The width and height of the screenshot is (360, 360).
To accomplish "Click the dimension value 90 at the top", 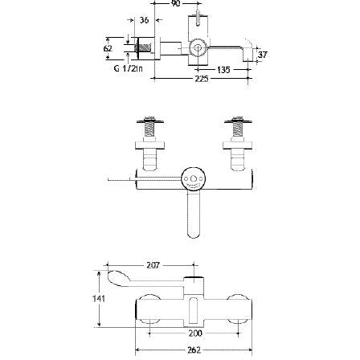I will click(178, 4).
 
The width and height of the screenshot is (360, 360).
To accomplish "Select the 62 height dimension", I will click(108, 48).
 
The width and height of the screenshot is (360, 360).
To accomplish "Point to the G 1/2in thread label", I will click(124, 71).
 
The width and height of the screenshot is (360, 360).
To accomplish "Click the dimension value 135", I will click(223, 71).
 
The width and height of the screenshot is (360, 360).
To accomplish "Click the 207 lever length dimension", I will click(153, 263).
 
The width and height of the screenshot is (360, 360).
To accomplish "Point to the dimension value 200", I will click(194, 331).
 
